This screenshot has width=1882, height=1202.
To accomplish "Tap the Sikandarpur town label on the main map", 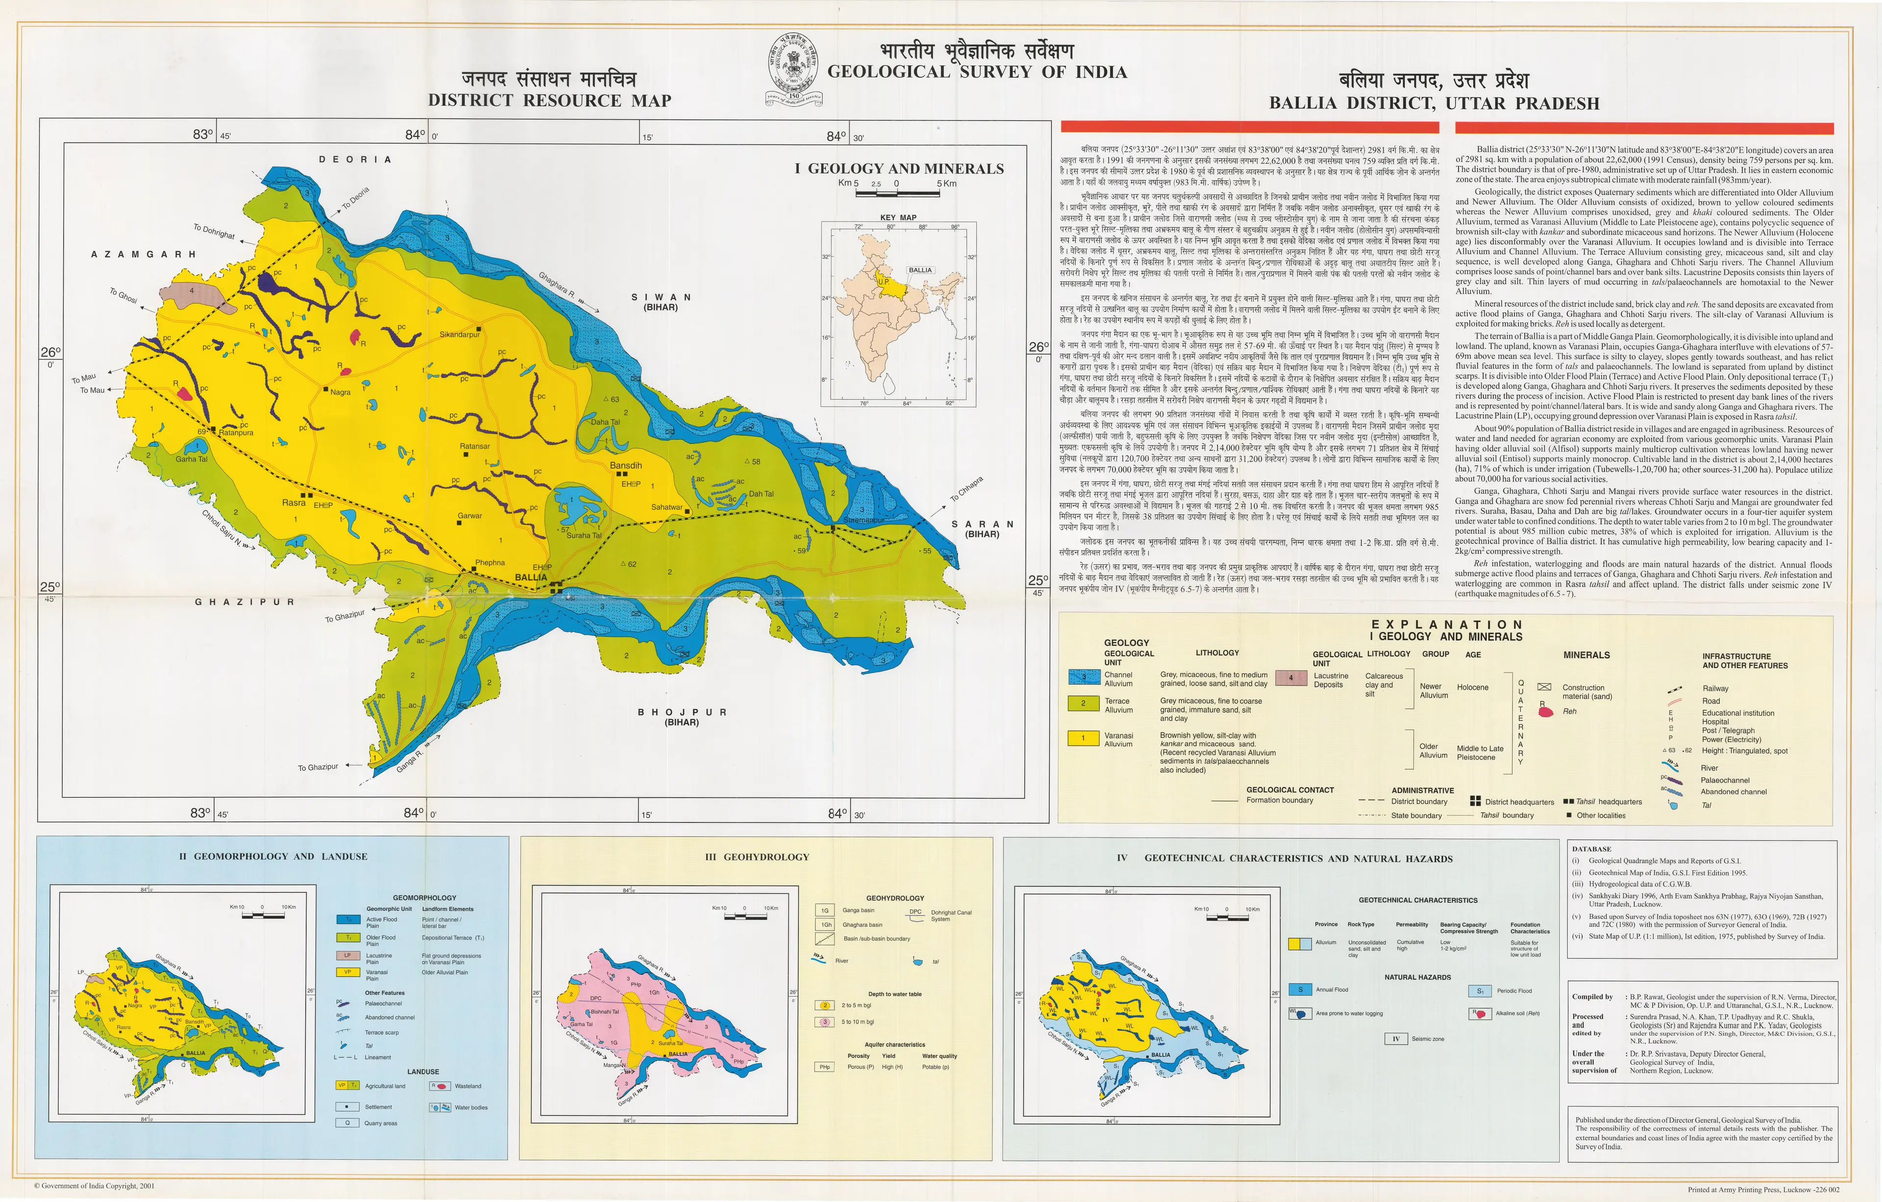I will (460, 334).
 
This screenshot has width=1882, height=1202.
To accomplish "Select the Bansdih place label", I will (626, 466).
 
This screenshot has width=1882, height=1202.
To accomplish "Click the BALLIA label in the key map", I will (920, 270).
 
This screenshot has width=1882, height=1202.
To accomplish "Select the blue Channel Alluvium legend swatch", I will (1083, 677).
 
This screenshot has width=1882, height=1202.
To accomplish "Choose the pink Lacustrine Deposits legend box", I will (1291, 677).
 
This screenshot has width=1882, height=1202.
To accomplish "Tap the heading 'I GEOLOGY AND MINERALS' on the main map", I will (899, 169).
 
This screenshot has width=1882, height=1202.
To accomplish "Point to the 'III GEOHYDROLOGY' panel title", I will (757, 856).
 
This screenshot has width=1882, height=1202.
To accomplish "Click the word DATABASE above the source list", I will (1591, 849).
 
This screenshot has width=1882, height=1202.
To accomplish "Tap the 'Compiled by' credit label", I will (1592, 997).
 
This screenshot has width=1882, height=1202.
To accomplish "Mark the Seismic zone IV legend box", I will (1395, 1039).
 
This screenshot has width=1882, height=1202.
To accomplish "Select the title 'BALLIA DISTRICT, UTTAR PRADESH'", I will (1434, 103).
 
